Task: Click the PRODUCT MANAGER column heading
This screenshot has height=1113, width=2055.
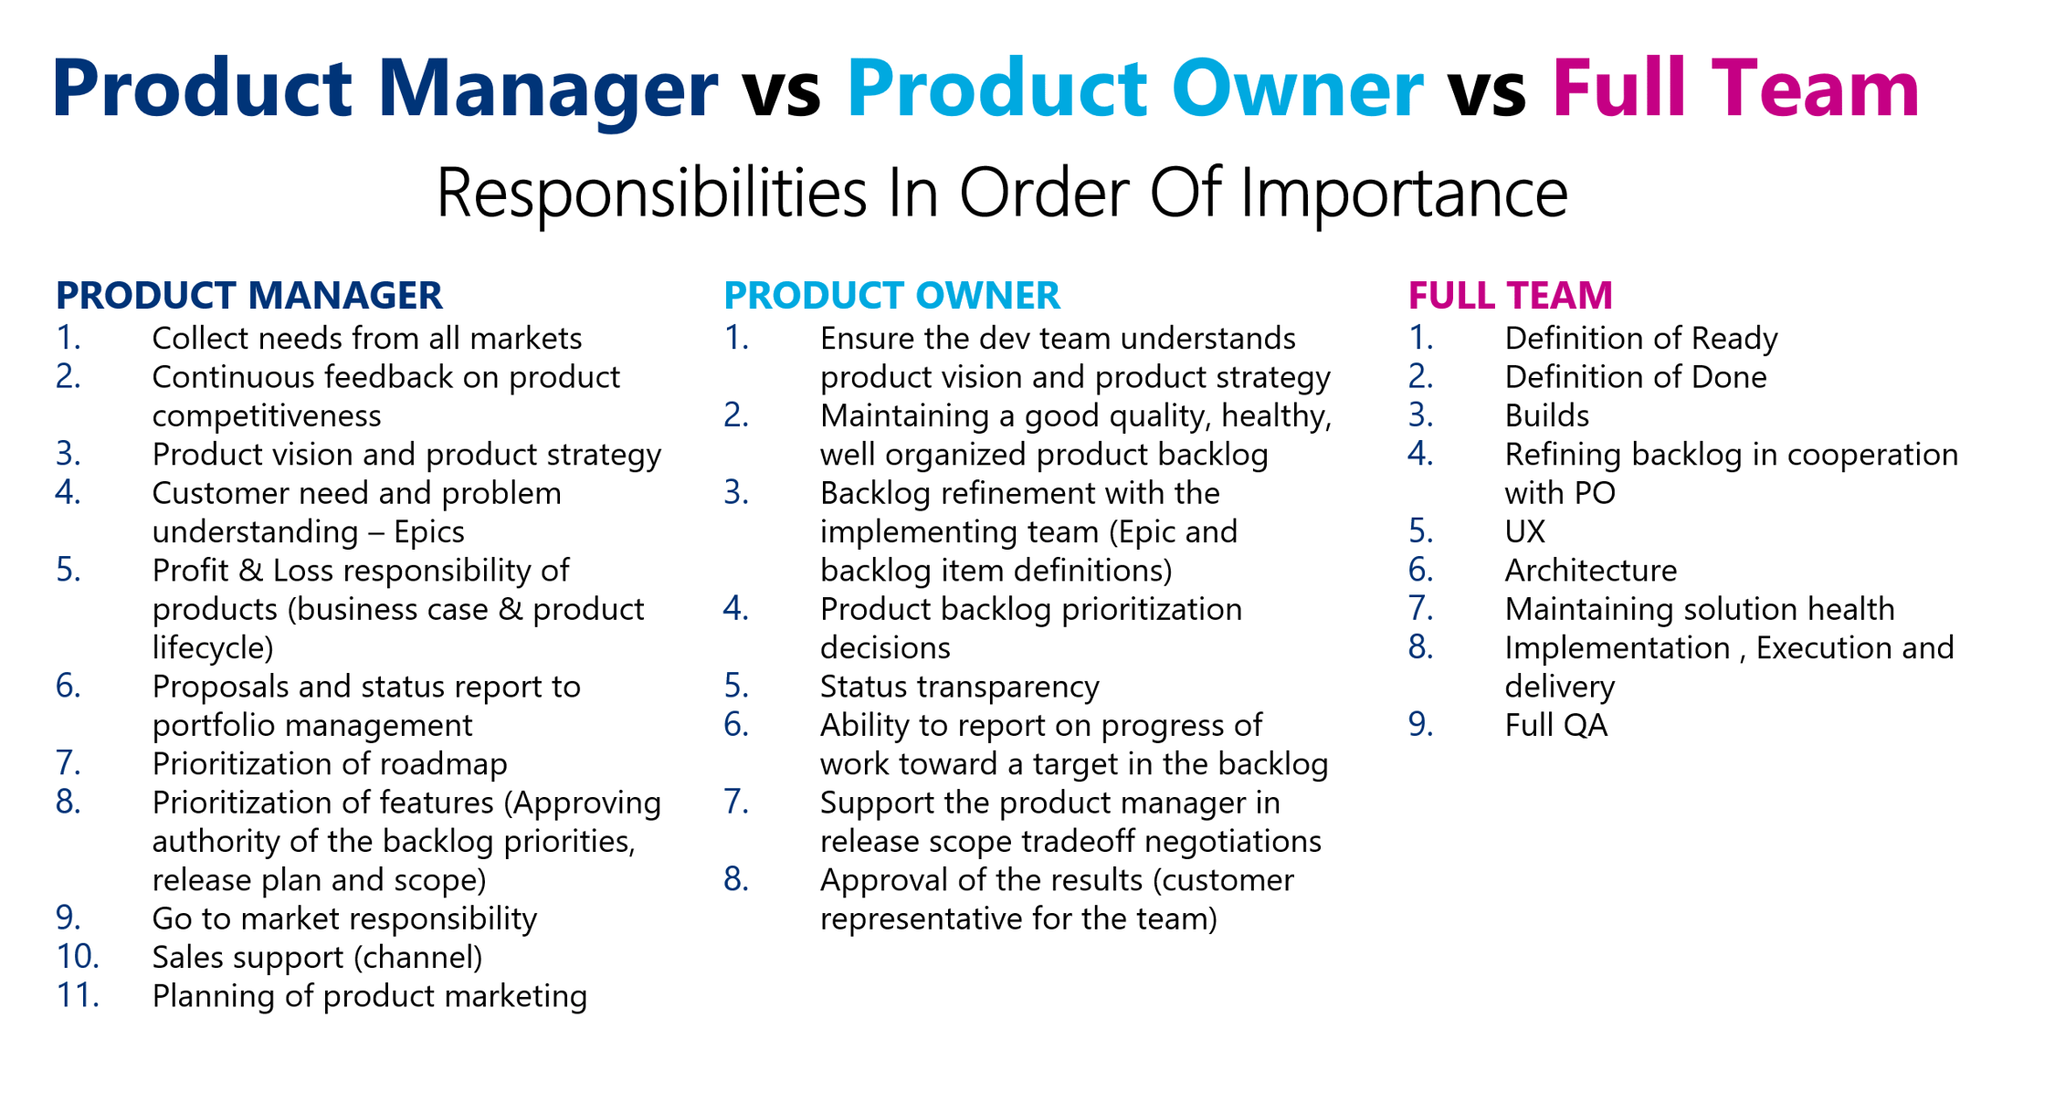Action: pos(248,296)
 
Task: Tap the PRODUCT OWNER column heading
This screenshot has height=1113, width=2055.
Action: pos(891,296)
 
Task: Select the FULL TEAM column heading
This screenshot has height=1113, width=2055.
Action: pos(1510,296)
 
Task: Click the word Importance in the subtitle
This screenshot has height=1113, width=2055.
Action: pos(1404,193)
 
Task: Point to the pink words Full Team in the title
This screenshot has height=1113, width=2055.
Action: pos(1734,89)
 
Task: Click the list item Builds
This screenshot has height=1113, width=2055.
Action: pos(1546,415)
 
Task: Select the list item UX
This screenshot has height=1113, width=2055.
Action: pos(1524,531)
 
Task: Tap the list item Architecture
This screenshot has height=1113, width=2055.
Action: pos(1590,571)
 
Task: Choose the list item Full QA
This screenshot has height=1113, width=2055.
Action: pos(1555,725)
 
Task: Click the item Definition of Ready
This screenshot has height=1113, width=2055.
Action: pos(1640,339)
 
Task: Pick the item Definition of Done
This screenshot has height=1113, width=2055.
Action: pos(1635,377)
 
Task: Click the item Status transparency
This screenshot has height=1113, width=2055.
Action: pos(959,687)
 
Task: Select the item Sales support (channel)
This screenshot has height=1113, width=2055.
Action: pos(317,957)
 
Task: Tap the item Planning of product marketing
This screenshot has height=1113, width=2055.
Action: pos(369,996)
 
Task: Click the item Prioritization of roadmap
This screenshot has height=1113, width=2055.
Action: pos(329,763)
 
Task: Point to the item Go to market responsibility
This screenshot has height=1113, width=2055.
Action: pos(344,919)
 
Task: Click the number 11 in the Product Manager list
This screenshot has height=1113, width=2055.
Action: pos(77,996)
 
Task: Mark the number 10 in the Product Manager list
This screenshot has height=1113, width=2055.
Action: pos(77,957)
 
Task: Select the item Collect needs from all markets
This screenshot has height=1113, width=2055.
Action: pos(366,339)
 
